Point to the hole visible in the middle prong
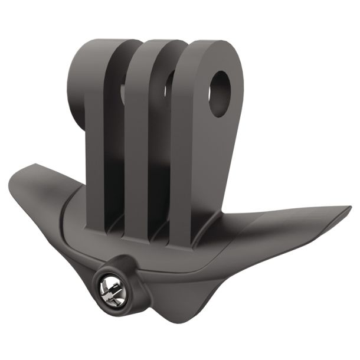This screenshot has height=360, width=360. point(169,86)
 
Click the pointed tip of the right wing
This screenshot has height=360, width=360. point(348,208)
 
